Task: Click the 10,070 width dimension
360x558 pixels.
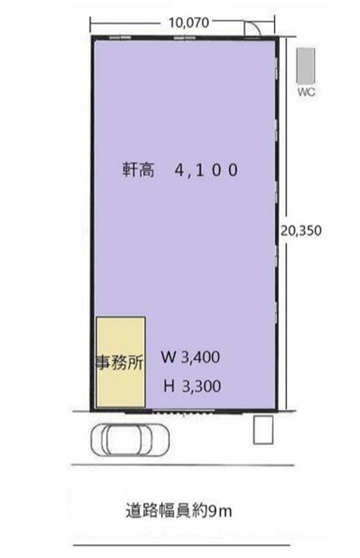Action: (x=189, y=23)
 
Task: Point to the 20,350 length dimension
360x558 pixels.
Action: (x=301, y=230)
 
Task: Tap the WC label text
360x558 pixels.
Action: (x=306, y=92)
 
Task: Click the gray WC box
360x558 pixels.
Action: (x=306, y=66)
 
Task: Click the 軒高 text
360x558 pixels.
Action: (x=138, y=170)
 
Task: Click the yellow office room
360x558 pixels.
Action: (x=121, y=362)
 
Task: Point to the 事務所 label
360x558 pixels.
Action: (x=121, y=362)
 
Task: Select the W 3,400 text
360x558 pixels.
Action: (x=190, y=357)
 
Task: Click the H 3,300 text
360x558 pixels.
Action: (x=192, y=386)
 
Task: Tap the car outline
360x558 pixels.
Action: (x=130, y=440)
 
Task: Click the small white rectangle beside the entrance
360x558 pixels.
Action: (x=263, y=429)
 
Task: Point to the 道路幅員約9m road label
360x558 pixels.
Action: (x=179, y=511)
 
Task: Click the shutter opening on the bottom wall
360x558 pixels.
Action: (x=183, y=412)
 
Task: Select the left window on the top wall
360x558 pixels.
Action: (x=120, y=37)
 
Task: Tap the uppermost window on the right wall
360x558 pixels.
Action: (x=276, y=68)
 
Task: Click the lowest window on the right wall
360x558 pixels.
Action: (x=276, y=313)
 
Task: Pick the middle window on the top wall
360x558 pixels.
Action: (x=185, y=37)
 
